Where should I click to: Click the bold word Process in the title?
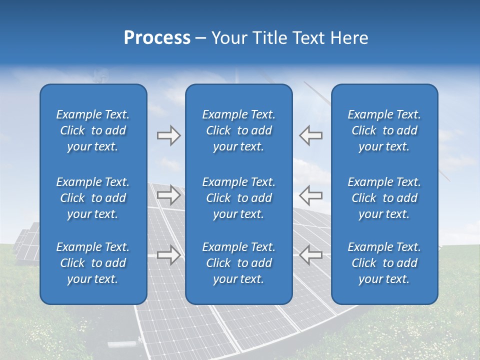tap(157, 38)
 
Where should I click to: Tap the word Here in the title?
tap(349, 38)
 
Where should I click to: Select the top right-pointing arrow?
tap(168, 135)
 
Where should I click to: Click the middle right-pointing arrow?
tap(168, 195)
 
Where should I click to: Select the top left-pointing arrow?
tap(311, 135)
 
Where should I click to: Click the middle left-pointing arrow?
tap(311, 195)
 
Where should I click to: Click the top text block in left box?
tap(93, 130)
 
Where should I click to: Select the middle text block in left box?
tap(93, 198)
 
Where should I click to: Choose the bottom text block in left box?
tap(93, 263)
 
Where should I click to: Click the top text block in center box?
tap(239, 130)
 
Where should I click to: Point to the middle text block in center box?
tap(239, 198)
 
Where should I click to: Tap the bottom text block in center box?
tap(239, 263)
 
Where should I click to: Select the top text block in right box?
tap(384, 130)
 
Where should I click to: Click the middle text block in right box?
tap(384, 198)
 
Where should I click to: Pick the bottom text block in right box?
tap(384, 263)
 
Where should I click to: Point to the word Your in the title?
tap(228, 38)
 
